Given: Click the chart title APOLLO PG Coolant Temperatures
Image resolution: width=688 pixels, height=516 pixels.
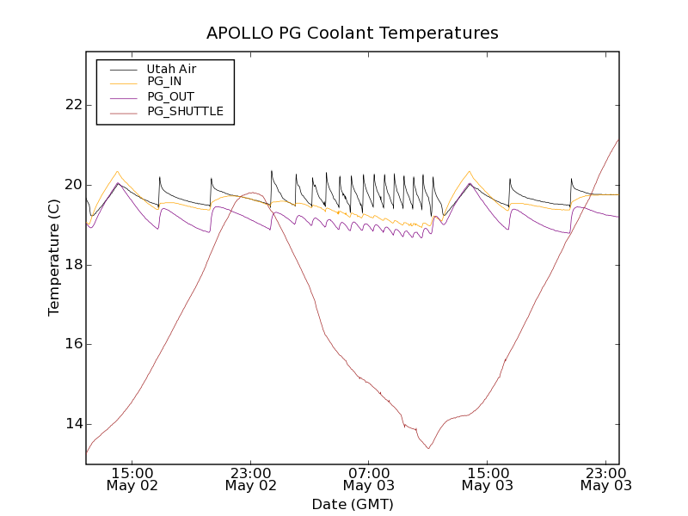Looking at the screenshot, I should [352, 34].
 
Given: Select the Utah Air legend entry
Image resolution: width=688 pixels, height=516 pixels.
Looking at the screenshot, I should [171, 68].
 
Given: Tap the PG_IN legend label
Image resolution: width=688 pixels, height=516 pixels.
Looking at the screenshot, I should [164, 82].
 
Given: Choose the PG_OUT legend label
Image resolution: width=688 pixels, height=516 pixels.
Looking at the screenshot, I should [170, 96].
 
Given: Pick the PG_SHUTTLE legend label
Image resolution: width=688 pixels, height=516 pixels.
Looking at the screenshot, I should [185, 111].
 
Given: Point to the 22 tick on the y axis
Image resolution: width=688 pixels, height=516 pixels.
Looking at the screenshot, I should [74, 105].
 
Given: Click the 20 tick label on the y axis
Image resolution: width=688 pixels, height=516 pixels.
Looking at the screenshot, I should [74, 185].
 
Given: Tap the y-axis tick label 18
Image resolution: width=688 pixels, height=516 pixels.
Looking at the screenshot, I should [74, 264].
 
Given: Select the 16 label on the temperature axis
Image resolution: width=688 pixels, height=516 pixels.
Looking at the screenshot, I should [74, 344].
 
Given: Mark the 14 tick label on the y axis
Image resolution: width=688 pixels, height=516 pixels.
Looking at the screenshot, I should [74, 424].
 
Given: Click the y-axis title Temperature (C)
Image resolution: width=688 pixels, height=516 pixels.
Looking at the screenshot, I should [54, 257].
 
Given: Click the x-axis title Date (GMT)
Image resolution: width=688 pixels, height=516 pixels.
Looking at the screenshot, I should [352, 504].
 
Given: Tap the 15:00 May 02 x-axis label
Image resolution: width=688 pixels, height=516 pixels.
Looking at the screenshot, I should [132, 479].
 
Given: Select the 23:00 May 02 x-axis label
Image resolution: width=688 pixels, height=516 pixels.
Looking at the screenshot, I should [251, 479].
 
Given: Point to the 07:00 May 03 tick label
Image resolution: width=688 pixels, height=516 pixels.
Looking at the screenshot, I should [370, 479].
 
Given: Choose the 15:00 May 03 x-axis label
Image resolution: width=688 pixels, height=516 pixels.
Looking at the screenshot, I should [488, 479].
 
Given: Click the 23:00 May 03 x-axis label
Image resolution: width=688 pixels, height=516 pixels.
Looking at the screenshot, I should [605, 479].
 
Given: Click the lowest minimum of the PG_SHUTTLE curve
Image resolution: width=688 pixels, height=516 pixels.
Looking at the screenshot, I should [428, 448].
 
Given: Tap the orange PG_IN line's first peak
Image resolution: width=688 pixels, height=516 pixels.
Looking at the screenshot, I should [118, 171].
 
